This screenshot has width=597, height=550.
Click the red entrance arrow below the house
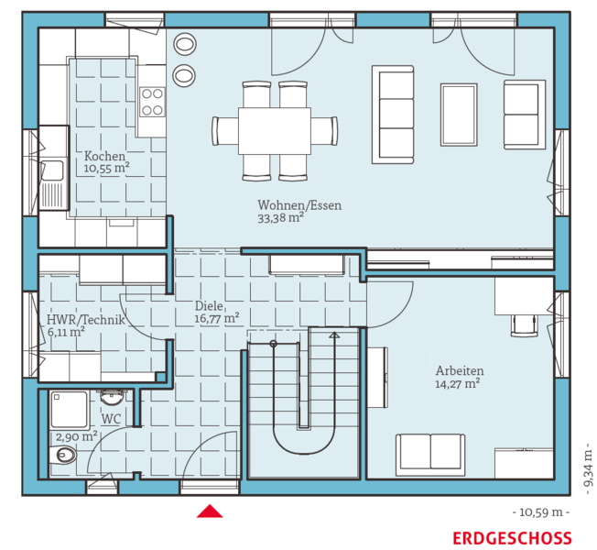tap(210, 511)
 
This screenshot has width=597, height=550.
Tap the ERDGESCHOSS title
tap(512, 539)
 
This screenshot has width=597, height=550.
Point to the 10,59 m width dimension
tap(541, 511)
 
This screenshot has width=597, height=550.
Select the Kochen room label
tap(104, 156)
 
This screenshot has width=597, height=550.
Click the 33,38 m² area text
tap(280, 218)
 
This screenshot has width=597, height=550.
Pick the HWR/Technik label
tap(86, 319)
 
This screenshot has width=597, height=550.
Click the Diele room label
tap(209, 305)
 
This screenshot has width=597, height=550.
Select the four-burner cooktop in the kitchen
tap(152, 102)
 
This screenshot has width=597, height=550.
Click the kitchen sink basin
tap(52, 170)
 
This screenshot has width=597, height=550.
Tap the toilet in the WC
tap(63, 455)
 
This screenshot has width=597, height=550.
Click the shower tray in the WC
tap(69, 410)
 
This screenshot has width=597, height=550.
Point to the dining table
tap(275, 131)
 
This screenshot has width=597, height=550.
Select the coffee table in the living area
tap(459, 115)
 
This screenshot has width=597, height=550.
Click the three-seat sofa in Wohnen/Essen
tap(393, 115)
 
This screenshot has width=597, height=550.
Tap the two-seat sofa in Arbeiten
tap(430, 455)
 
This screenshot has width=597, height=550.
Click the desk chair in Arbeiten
tap(525, 325)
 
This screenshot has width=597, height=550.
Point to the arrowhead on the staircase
tap(334, 335)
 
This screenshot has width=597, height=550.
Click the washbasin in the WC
tap(113, 397)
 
